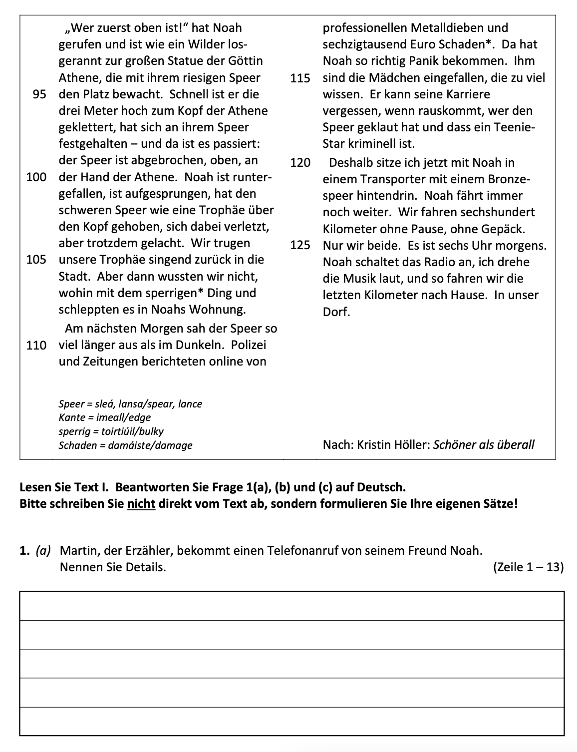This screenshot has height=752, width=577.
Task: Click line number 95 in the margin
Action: coord(39,94)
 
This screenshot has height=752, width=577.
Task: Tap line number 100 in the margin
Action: coord(36,177)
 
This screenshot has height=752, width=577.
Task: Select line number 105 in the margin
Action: coord(36,260)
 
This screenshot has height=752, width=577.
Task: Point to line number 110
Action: coord(36,345)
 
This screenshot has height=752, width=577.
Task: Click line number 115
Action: coord(300,78)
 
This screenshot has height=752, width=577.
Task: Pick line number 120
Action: coord(300,163)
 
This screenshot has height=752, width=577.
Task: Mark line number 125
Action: coord(300,246)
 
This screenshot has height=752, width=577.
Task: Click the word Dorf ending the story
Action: coord(336,312)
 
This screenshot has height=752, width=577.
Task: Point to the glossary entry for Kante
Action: coord(104,417)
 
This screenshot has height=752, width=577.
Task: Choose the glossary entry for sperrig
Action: coord(111,431)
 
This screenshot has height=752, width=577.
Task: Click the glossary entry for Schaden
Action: coord(125,445)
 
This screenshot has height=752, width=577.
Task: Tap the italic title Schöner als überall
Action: coord(484,445)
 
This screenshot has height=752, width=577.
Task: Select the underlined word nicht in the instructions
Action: coord(142,503)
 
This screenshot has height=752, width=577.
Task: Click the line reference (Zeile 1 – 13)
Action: coord(528,567)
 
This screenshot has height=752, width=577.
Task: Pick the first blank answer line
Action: coord(292,606)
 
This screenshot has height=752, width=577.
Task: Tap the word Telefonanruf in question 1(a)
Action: coord(303,551)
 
